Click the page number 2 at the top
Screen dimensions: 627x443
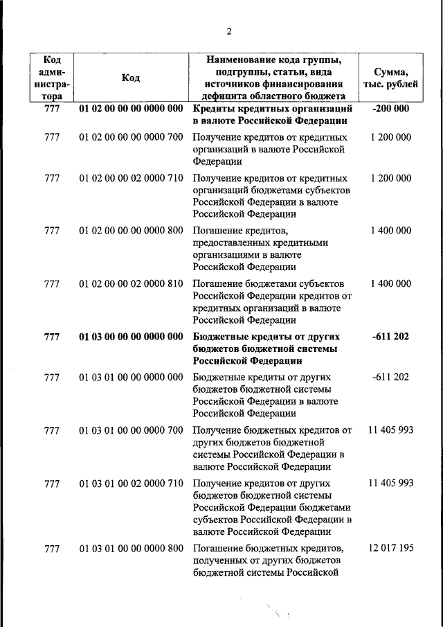228,31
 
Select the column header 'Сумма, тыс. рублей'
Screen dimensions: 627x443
390,78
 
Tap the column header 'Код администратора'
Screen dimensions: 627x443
52,78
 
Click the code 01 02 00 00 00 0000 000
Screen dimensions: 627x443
131,109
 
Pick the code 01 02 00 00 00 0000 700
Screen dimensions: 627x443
131,137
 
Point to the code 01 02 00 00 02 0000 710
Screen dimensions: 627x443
131,178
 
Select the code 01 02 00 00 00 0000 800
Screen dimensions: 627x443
131,231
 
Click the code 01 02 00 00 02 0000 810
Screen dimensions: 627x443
131,283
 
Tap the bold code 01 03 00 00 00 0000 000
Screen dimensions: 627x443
131,337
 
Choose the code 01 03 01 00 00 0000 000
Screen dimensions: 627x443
131,378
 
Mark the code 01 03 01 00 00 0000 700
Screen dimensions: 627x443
131,430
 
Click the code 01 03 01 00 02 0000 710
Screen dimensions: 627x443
131,483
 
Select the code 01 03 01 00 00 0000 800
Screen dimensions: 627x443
131,548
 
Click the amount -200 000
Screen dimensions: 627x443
390,109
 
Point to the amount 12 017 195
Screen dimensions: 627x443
391,548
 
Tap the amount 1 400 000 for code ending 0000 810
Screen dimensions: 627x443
390,283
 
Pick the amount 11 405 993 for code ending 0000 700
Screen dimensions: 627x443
391,430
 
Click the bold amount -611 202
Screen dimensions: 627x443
390,337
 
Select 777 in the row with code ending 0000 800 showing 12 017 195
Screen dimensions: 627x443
52,548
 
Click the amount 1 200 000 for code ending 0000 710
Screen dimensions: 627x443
390,178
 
